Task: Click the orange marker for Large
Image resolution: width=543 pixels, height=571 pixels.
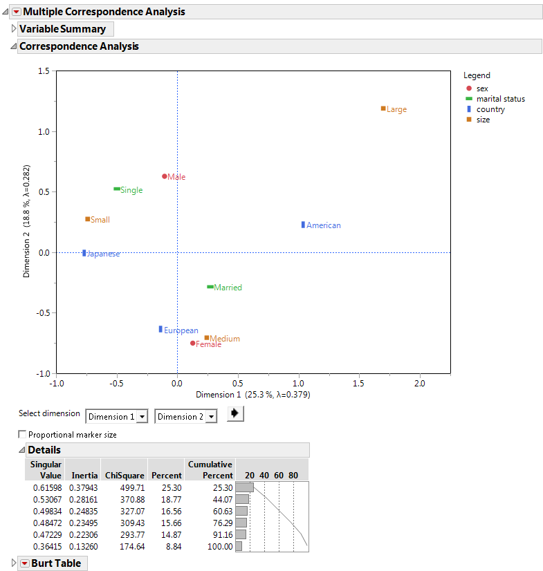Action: point(383,109)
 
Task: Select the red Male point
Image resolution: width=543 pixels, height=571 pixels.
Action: point(165,176)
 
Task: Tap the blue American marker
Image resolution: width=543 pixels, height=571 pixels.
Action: point(303,225)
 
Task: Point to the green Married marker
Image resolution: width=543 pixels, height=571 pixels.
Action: point(210,287)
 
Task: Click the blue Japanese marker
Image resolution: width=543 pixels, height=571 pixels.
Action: point(84,253)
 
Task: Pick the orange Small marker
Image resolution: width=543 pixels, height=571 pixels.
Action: point(88,219)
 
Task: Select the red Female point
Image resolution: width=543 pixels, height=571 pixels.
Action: point(193,343)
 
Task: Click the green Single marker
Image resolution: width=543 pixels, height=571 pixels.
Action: point(117,189)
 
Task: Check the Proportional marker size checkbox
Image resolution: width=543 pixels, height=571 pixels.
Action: point(23,435)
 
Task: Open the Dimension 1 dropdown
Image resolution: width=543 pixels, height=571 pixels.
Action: point(117,416)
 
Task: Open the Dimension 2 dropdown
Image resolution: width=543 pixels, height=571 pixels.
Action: point(186,416)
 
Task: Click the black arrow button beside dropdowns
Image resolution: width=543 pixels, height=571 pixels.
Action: point(236,414)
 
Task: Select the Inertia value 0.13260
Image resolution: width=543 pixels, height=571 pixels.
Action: point(82,546)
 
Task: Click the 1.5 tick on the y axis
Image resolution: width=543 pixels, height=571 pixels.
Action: point(44,71)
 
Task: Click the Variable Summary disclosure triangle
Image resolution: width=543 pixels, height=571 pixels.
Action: point(14,29)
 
